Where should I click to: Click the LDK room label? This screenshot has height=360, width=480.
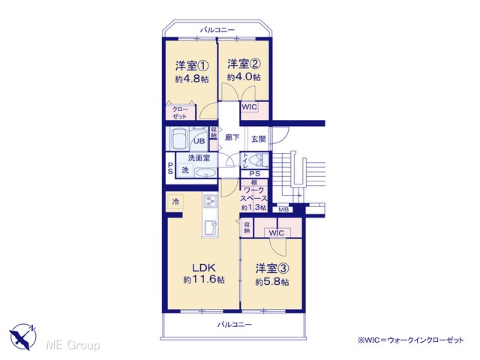(204, 268)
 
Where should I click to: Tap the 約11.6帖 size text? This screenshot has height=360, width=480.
(204, 280)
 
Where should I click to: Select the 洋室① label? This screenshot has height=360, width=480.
(192, 66)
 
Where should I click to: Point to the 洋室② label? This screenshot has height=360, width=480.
(244, 64)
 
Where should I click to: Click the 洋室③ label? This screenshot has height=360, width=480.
(272, 268)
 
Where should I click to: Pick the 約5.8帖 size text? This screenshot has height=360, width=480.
(272, 282)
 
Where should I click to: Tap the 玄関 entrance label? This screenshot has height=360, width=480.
(258, 139)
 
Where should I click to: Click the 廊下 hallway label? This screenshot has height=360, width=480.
(232, 138)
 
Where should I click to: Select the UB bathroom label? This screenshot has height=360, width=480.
(199, 141)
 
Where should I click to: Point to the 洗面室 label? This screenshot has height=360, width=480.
(199, 158)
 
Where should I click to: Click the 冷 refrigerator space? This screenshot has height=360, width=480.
(175, 202)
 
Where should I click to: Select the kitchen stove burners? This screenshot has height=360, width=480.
(210, 201)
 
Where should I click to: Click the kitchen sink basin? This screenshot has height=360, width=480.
(210, 228)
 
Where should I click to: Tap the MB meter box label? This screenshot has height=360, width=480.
(283, 210)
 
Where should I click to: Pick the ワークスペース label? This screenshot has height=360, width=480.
(253, 195)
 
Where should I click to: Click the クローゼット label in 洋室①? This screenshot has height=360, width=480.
(180, 112)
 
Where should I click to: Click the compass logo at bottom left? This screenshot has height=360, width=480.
(23, 336)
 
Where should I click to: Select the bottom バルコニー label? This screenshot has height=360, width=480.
(235, 325)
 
